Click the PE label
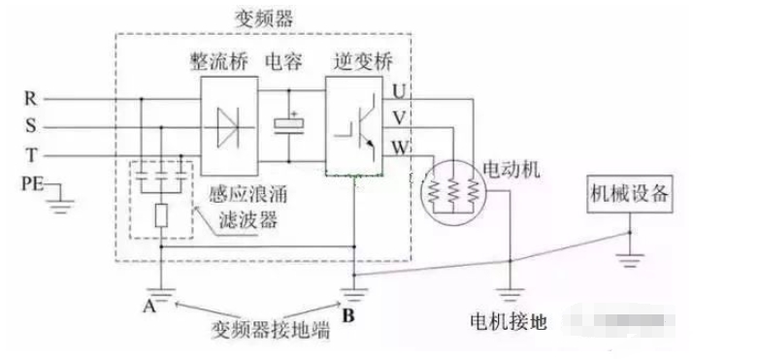(x=32, y=180)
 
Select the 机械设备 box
(x=626, y=194)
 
